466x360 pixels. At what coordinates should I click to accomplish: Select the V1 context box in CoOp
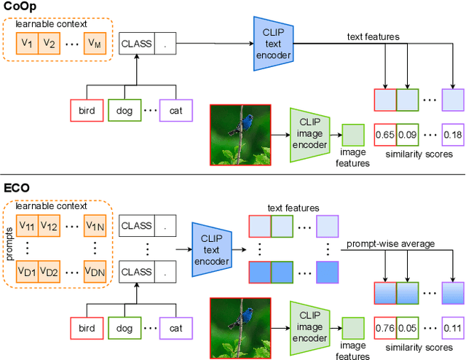pos(27,44)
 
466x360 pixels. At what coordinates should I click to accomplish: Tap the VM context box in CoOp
pos(95,44)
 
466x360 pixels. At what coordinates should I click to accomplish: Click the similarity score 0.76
pos(384,327)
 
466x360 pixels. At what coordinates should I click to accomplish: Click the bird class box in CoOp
pos(87,112)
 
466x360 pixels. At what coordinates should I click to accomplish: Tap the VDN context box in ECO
pos(95,272)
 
